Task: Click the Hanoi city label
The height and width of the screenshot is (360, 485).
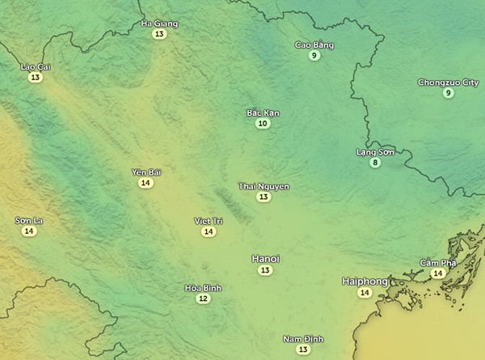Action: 265,258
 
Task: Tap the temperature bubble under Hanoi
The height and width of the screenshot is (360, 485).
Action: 265,270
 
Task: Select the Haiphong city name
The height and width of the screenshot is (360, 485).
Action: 365,281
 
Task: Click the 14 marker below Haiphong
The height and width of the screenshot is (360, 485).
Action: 365,293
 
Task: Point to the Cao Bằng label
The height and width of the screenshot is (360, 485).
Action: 314,44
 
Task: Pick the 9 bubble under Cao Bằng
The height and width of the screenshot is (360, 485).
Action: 314,56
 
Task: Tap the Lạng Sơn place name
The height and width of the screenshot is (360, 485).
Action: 375,151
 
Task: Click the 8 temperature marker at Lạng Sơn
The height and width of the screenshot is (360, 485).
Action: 375,163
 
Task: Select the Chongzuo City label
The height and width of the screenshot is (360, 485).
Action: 448,82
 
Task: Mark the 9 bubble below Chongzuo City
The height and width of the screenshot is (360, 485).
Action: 448,93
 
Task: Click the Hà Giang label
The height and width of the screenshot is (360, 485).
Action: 159,23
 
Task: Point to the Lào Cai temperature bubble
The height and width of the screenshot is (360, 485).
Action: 34,78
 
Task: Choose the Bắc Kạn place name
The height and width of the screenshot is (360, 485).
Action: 263,112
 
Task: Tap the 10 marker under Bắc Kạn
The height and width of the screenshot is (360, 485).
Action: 263,124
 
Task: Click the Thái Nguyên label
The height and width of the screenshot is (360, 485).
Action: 264,186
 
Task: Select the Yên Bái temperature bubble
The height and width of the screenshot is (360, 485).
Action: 145,183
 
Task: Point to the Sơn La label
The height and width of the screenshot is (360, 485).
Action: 29,220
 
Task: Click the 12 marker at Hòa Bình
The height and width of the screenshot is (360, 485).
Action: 203,299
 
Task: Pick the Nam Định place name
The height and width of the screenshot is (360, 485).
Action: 303,338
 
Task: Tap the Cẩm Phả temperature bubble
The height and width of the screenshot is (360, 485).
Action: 437,273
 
